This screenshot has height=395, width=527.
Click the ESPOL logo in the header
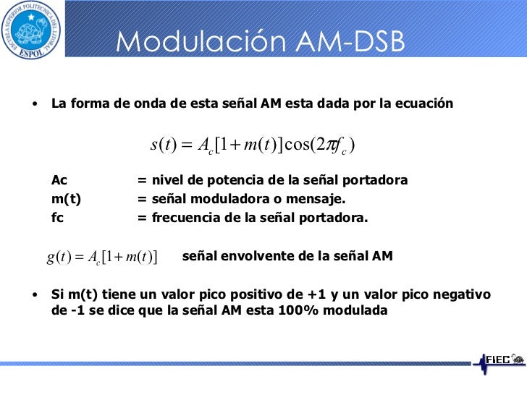click(x=32, y=30)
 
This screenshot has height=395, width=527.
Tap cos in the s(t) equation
click(x=298, y=144)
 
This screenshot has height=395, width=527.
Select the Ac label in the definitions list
click(x=59, y=180)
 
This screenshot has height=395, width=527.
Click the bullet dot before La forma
click(x=34, y=103)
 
